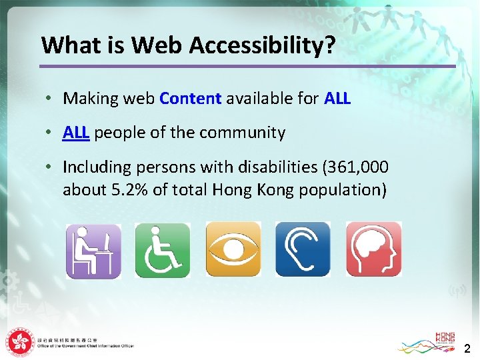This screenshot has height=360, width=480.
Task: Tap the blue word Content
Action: [191, 99]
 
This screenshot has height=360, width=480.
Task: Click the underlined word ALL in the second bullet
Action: [76, 133]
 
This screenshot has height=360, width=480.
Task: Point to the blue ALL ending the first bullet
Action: [337, 99]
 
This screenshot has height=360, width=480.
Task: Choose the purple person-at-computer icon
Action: [93, 250]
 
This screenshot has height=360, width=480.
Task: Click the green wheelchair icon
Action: [163, 250]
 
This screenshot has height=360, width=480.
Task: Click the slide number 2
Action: [467, 347]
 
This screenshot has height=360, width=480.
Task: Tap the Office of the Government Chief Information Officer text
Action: [86, 346]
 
